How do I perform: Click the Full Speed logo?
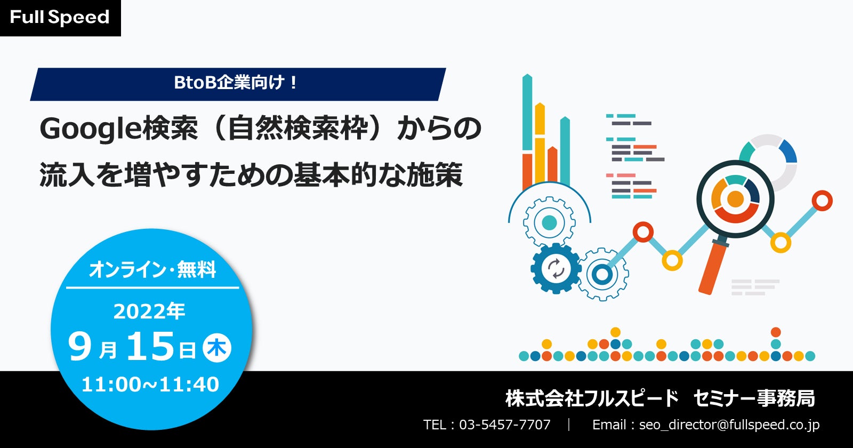(x=60, y=18)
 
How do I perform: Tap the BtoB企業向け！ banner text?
(x=235, y=83)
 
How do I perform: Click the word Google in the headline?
(x=90, y=129)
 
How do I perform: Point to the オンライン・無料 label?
(x=152, y=269)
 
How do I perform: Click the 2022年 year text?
(x=149, y=311)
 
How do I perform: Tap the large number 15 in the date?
(x=150, y=346)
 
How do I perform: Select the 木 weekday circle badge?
(x=216, y=347)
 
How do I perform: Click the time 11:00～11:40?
(x=150, y=384)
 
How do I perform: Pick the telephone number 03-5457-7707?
(x=504, y=425)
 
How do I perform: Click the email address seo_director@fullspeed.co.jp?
(x=729, y=425)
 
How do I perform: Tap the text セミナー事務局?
(x=754, y=398)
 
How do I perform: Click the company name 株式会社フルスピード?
(x=592, y=398)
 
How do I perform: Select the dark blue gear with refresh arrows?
(x=556, y=268)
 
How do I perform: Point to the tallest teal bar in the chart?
(x=527, y=113)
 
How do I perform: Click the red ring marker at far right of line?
(x=822, y=201)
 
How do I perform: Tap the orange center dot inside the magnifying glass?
(x=735, y=198)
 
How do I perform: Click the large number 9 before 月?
(x=79, y=346)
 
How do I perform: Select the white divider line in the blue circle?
(x=152, y=287)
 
